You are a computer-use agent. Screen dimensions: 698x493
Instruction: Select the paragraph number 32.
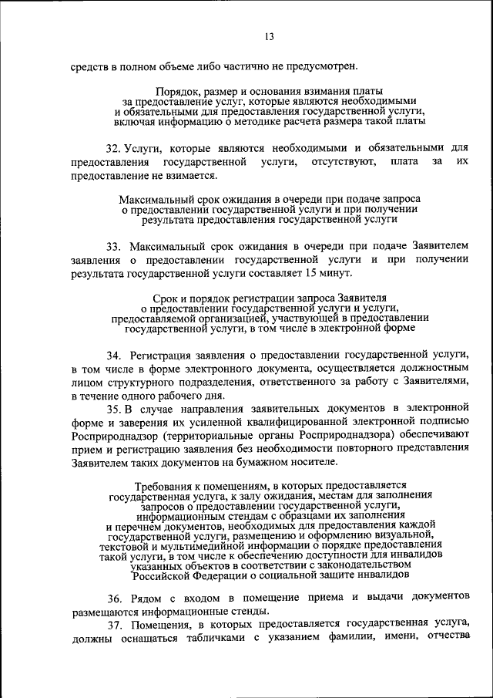pos(113,147)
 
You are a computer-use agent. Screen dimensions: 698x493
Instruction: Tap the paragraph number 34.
pos(114,355)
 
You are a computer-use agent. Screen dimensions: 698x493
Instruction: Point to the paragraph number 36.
pos(114,598)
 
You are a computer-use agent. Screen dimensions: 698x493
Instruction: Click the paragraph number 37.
pos(114,624)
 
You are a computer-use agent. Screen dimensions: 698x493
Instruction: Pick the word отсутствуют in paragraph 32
pos(344,162)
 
